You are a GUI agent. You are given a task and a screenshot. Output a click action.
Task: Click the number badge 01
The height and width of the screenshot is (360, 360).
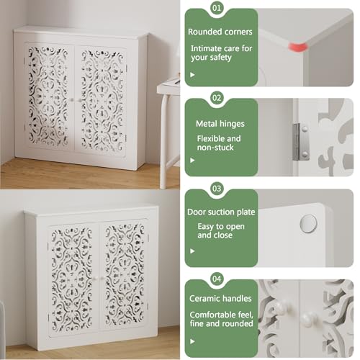(217, 8)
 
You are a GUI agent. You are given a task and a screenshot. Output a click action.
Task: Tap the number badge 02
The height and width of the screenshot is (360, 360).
(217, 98)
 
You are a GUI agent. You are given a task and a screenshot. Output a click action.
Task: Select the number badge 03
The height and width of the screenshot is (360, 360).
(217, 189)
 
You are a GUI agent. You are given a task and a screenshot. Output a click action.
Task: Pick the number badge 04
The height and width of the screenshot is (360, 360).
(217, 279)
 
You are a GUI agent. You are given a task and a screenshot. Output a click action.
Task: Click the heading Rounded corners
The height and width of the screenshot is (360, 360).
(220, 32)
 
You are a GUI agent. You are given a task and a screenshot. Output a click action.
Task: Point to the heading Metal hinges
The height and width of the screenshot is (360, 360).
(220, 124)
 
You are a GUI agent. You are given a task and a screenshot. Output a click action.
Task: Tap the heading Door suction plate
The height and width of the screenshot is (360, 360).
(221, 212)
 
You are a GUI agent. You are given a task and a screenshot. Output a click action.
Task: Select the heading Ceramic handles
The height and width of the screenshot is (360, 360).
(220, 298)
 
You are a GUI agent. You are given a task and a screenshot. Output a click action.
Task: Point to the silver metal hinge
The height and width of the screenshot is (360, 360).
(301, 142)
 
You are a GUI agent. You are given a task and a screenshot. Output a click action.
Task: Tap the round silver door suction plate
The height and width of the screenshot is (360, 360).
(308, 224)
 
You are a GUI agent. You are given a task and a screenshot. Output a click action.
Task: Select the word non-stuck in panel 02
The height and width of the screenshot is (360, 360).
(215, 148)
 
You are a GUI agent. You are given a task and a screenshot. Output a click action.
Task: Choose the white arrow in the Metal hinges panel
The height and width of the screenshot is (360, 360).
(192, 160)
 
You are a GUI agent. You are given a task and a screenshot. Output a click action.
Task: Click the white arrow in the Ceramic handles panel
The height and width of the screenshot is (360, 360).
(192, 341)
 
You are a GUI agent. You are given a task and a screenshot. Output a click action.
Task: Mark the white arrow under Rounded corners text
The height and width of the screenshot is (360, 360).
(192, 75)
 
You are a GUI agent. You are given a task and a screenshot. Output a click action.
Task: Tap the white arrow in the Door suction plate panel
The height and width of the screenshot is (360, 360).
(192, 251)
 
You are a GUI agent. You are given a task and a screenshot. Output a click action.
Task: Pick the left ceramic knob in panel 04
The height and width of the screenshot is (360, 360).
(282, 307)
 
